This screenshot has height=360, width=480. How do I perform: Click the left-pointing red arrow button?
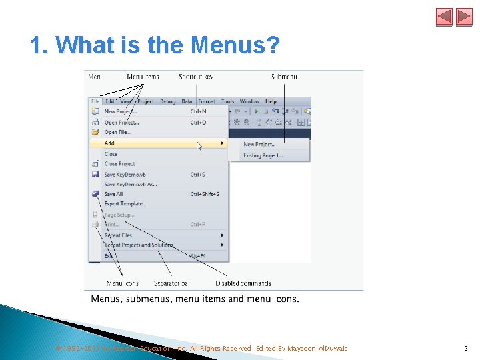(444, 17)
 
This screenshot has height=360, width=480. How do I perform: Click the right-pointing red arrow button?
(464, 17)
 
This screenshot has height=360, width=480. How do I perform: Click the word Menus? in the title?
(235, 45)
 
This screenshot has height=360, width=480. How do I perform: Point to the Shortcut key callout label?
(196, 77)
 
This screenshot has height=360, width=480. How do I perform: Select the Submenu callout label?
(284, 77)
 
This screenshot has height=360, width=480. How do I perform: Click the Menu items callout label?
(143, 77)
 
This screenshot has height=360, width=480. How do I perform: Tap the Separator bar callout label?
(171, 283)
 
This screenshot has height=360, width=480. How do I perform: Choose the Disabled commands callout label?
(243, 283)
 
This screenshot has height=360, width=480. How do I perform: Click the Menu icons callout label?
(123, 283)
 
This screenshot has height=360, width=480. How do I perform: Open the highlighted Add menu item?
(110, 143)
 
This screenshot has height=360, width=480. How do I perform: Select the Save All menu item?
(113, 194)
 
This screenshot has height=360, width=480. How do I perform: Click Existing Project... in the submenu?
(263, 155)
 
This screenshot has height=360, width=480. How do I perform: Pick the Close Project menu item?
(119, 163)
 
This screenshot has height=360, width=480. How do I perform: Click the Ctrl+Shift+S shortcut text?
(205, 194)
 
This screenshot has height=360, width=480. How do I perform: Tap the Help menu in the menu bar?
(271, 101)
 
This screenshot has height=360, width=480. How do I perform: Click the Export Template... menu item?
(125, 204)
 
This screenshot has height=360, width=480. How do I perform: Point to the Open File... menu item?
(117, 132)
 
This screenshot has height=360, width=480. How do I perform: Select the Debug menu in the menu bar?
(167, 101)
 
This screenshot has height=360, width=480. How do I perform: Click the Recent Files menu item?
(118, 235)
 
